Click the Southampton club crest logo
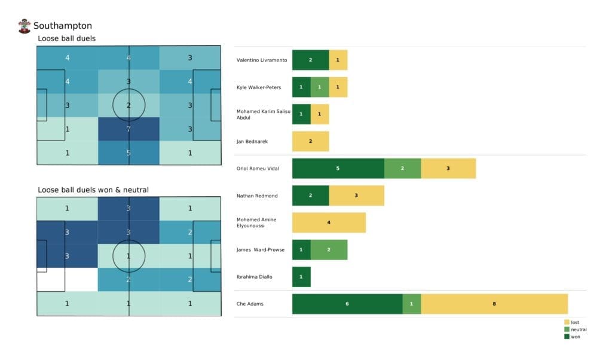(25, 26)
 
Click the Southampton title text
(63, 26)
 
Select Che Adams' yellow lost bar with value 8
(494, 304)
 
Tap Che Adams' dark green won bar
(347, 304)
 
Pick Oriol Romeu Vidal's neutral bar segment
(402, 169)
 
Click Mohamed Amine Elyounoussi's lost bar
(329, 222)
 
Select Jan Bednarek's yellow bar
(310, 141)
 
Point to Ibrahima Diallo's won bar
(301, 277)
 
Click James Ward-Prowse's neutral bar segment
(329, 249)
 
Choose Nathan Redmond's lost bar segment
(356, 196)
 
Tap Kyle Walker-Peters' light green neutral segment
(320, 87)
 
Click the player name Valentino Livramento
(262, 60)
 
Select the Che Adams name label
(250, 304)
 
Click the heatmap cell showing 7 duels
(129, 129)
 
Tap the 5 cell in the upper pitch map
(129, 152)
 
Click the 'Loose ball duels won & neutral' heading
(93, 190)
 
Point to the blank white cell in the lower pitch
(67, 279)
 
